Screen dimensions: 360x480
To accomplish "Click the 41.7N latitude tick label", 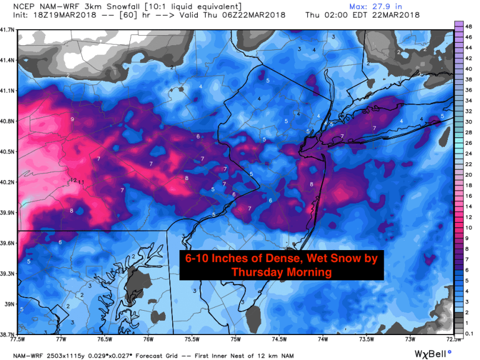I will click(x=8, y=29).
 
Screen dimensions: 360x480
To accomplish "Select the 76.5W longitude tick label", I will click(x=104, y=339).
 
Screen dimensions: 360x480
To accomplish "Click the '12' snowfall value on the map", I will click(x=73, y=179).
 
